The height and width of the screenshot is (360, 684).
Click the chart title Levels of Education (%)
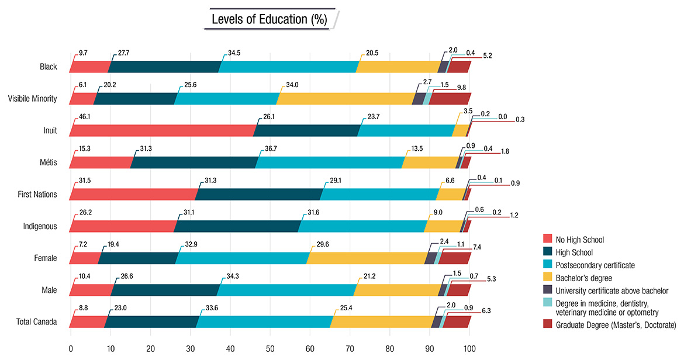[269, 19]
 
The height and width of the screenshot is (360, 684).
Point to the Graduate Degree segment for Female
[455, 258]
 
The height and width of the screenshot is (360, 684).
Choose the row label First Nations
[38, 194]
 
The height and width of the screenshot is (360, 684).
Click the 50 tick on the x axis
[270, 349]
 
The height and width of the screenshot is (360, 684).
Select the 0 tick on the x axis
[71, 349]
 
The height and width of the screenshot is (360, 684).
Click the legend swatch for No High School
[548, 239]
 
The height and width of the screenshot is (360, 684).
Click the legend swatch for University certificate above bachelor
[548, 290]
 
